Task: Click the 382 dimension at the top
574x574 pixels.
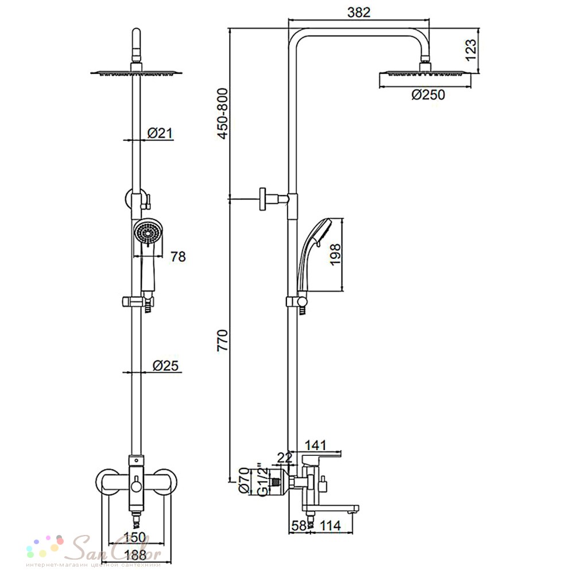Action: pos(359,12)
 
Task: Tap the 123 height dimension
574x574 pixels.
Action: pos(471,50)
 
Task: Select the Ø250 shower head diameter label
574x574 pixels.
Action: pos(428,95)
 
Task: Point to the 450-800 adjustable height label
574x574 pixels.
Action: pos(222,114)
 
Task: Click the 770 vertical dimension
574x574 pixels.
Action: pos(222,340)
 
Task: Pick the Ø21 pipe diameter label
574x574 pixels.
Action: pos(160,133)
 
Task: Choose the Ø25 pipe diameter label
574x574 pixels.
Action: pos(165,365)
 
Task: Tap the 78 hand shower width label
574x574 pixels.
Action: pos(178,257)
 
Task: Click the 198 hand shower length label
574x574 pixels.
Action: pos(335,255)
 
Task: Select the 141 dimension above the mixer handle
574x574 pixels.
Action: pos(315,445)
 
